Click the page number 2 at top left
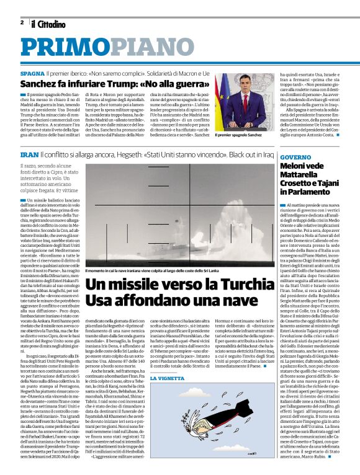click(x=22, y=23)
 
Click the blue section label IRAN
click(x=30, y=154)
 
